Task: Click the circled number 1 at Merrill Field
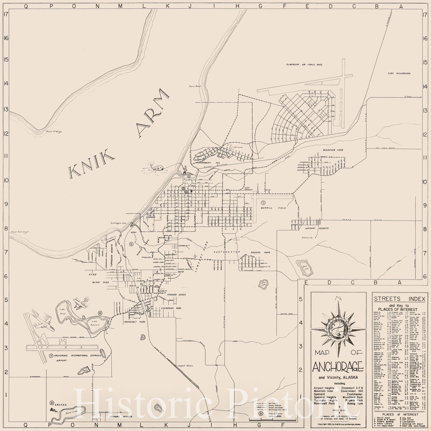tap(263, 202)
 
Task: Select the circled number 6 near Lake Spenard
tap(100, 313)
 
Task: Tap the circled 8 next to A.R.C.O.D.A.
tap(52, 403)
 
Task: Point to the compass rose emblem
tap(338, 329)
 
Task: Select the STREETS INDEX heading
tap(399, 299)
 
